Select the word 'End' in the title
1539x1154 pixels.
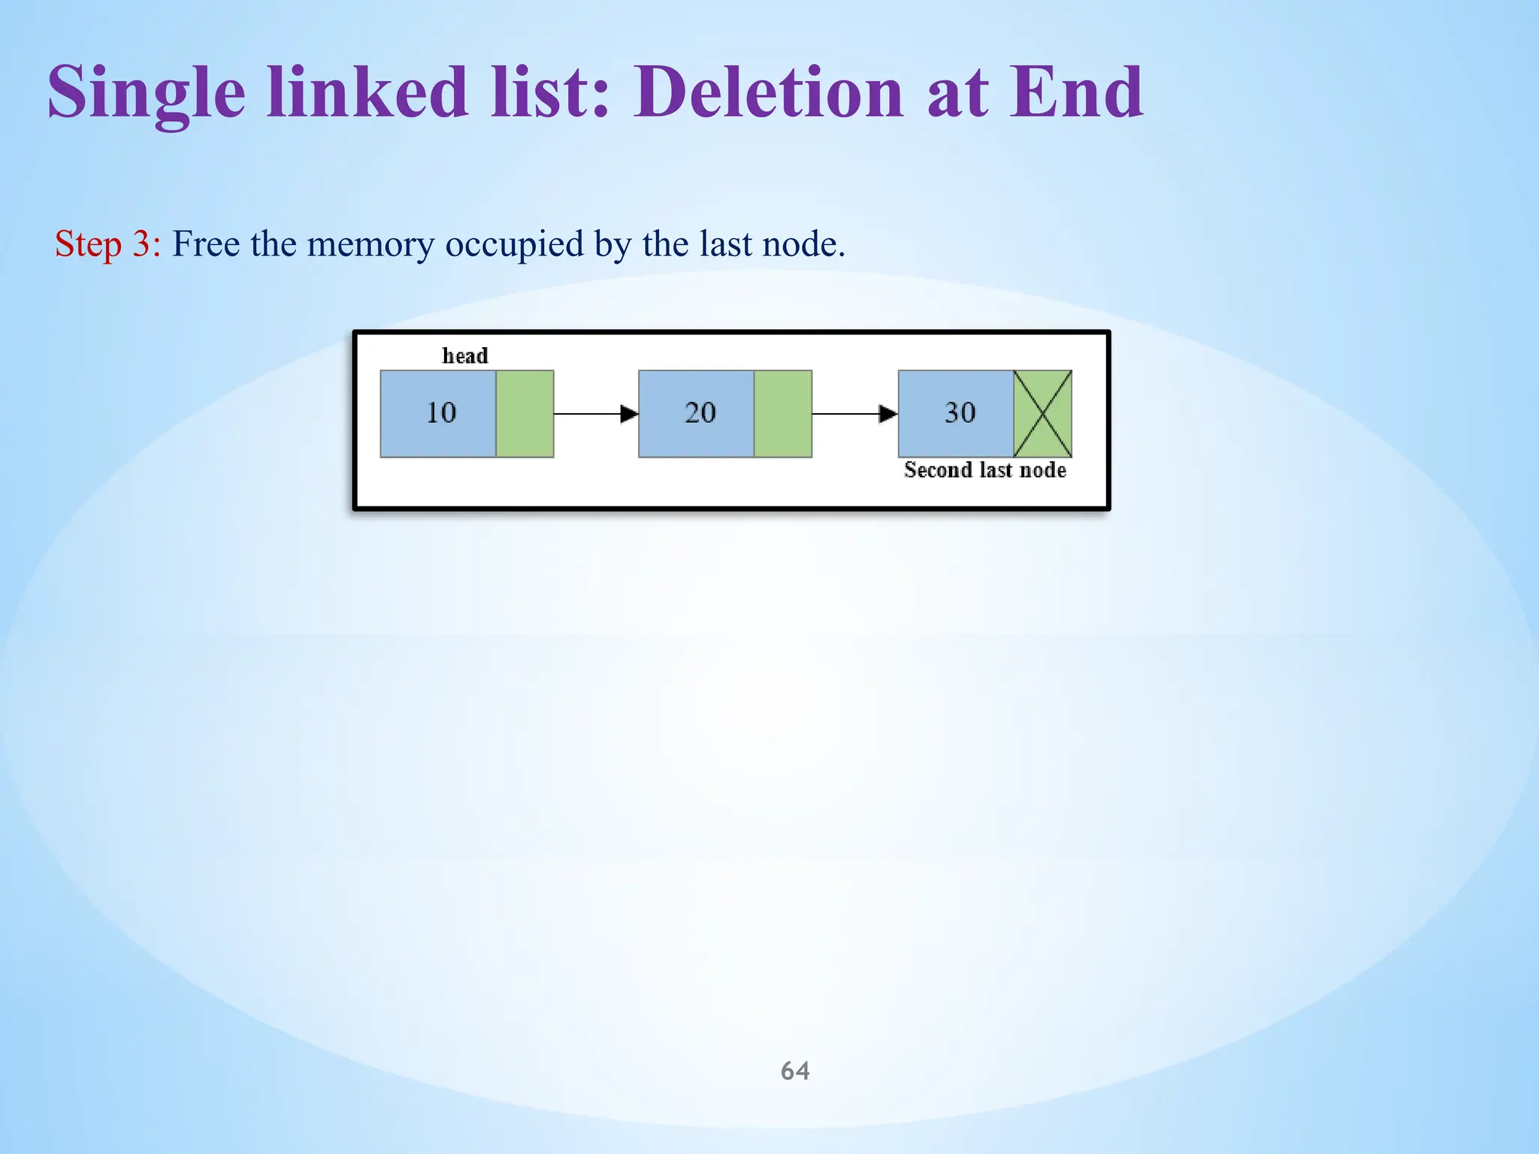[x=1075, y=92]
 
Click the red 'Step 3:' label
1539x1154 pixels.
[x=107, y=244]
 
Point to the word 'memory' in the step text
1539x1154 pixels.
[x=370, y=244]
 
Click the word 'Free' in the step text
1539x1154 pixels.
[x=206, y=244]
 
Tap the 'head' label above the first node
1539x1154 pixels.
[x=465, y=355]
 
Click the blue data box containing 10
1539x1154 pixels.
[x=438, y=413]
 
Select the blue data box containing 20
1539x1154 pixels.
[x=697, y=413]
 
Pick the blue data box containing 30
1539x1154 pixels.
[x=956, y=413]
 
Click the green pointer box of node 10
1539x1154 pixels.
[x=525, y=413]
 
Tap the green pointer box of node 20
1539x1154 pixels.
[x=783, y=413]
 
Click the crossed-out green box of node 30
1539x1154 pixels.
[x=1042, y=413]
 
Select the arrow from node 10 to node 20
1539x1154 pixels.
[x=595, y=413]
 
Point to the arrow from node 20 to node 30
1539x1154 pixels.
[x=854, y=413]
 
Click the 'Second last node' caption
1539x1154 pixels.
[x=985, y=470]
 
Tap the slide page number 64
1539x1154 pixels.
[x=795, y=1071]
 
